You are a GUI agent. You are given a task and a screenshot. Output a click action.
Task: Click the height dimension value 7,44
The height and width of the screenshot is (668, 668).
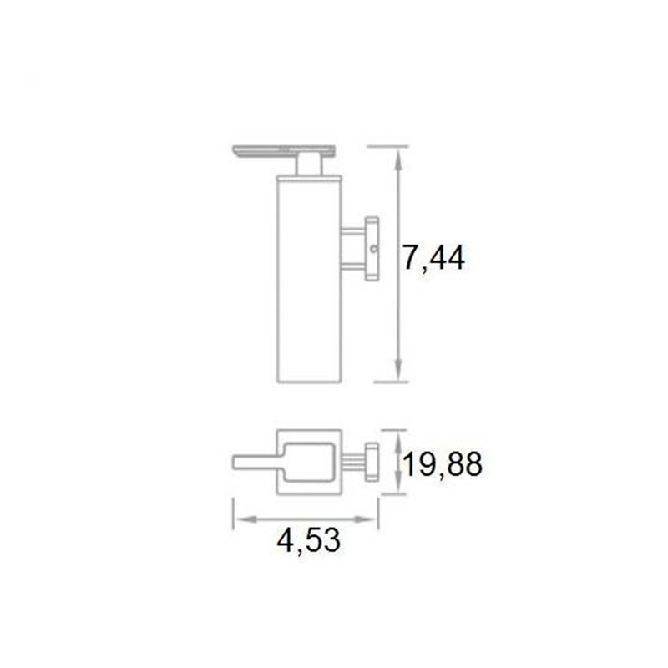(x=433, y=259)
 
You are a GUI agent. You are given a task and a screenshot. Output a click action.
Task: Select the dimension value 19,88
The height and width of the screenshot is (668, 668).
(x=443, y=463)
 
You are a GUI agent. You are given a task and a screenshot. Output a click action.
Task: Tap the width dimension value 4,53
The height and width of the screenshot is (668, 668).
(x=308, y=541)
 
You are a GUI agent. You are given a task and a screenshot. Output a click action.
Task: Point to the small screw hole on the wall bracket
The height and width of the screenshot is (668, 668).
(x=374, y=247)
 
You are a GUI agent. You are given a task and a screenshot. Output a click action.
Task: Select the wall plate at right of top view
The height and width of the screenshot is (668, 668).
(x=372, y=461)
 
